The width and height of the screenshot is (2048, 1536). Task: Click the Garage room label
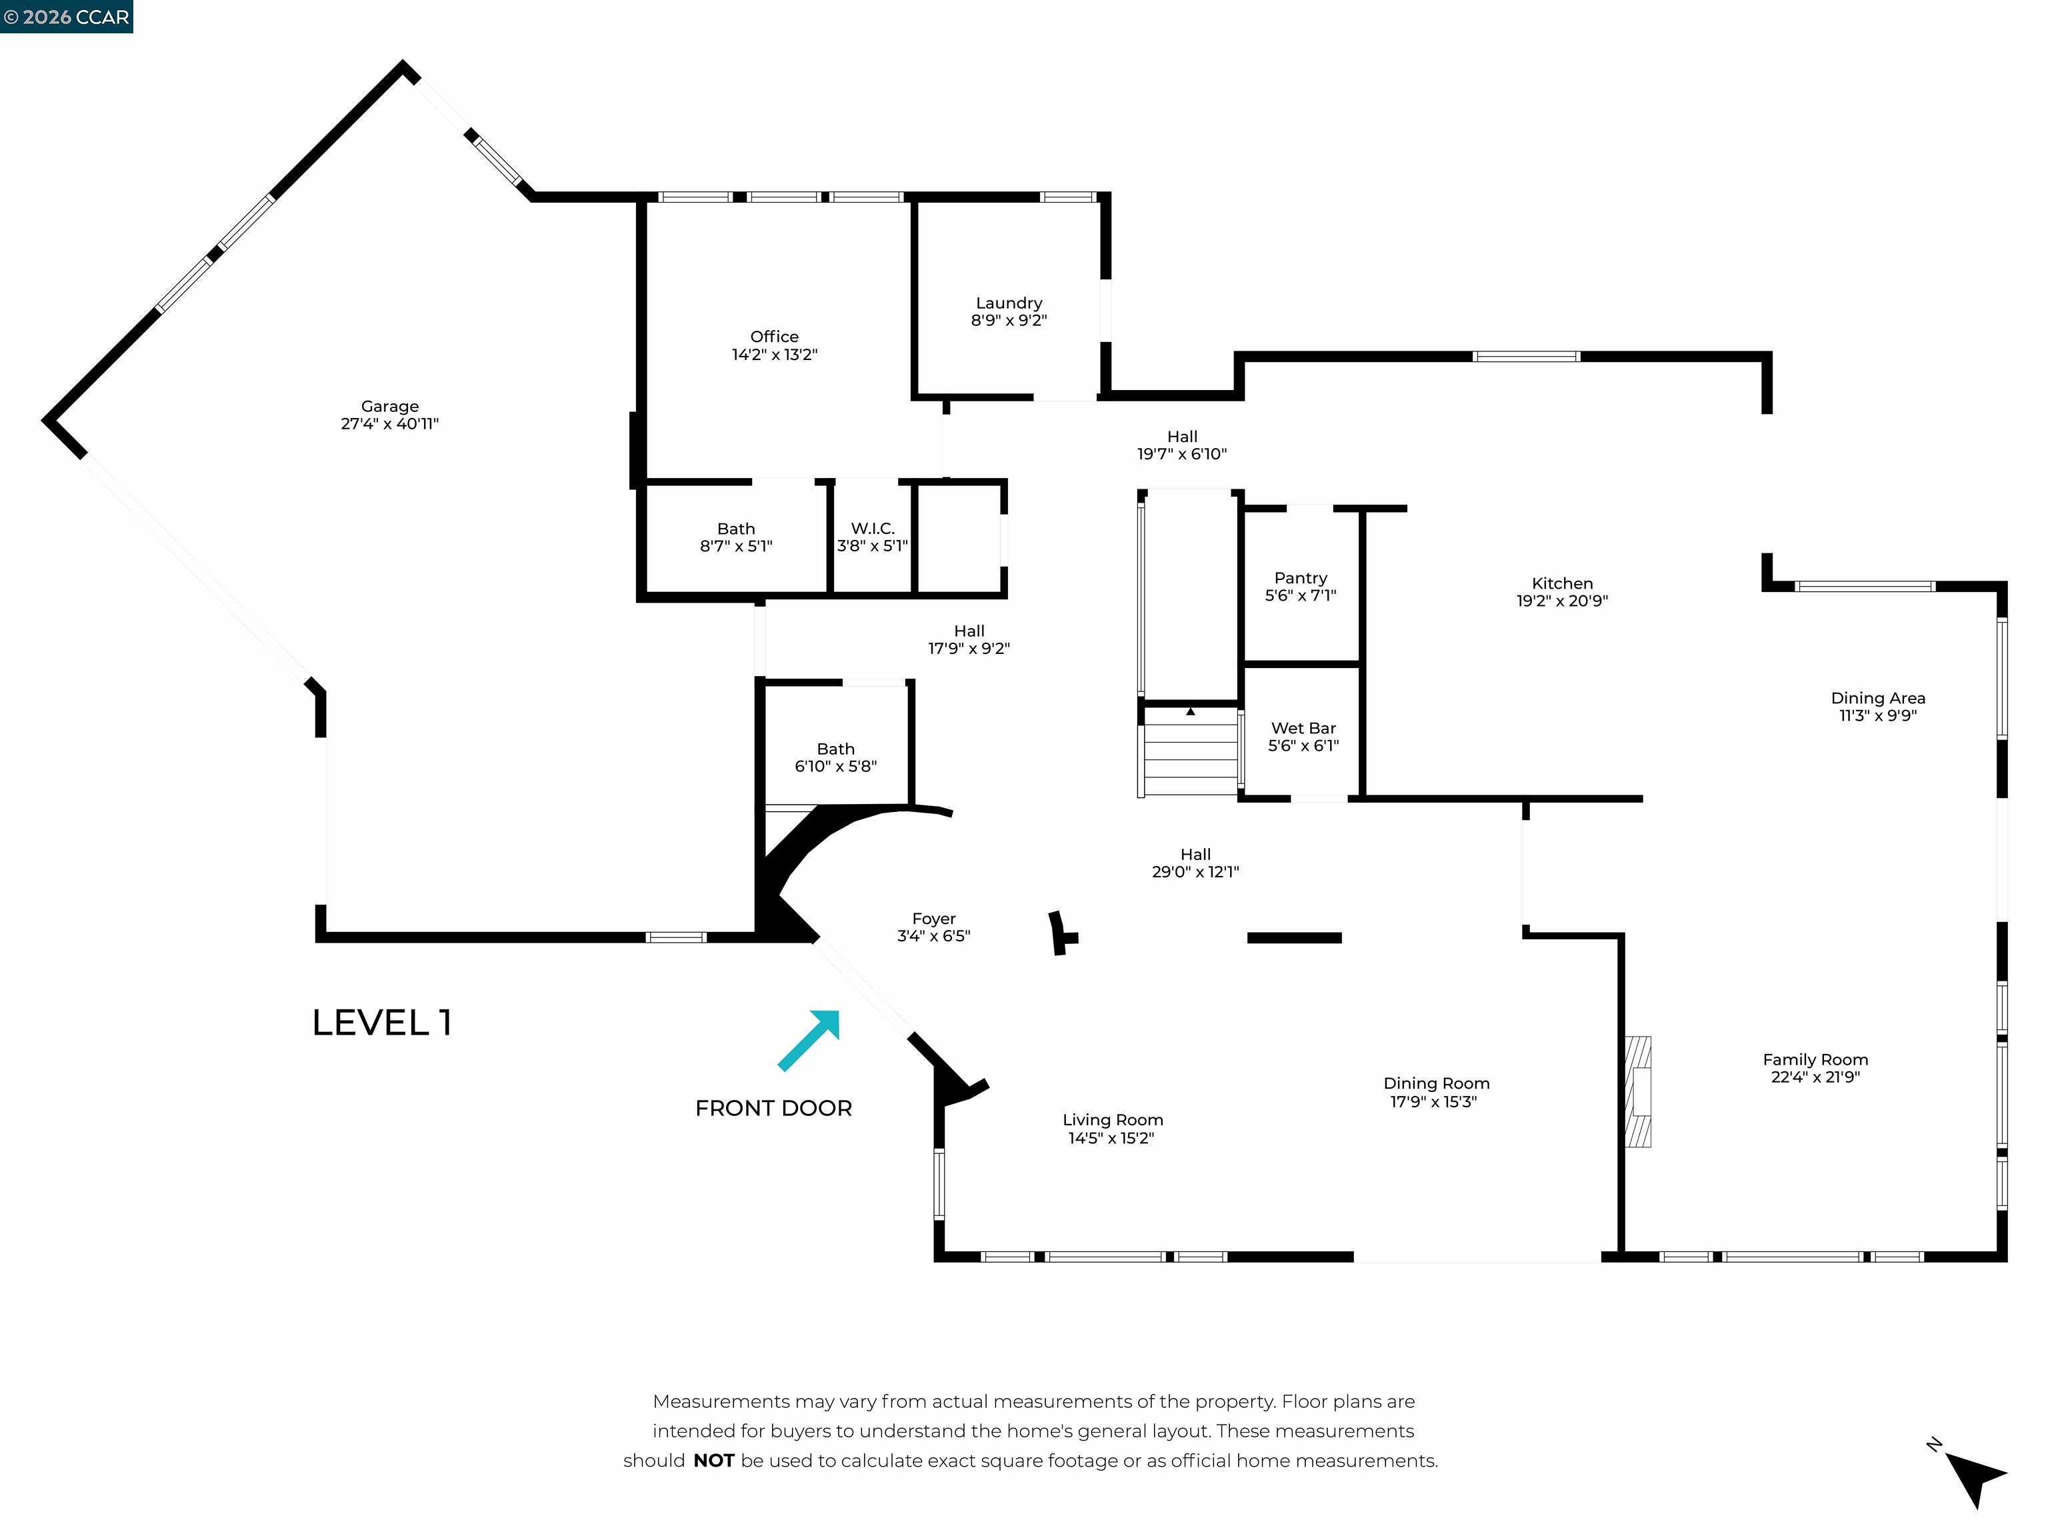(x=390, y=407)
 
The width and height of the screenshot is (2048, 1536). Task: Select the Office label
(x=774, y=337)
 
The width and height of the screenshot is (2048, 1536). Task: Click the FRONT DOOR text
(x=773, y=1108)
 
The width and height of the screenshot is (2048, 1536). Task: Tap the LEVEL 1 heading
(x=381, y=1023)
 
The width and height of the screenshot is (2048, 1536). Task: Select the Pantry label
(x=1300, y=579)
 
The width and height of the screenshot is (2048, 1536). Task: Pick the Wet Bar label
(x=1303, y=729)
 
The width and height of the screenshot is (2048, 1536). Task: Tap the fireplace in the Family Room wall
(x=1639, y=1091)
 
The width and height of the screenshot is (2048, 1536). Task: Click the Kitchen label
(x=1562, y=583)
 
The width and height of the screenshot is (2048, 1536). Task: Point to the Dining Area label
(x=1877, y=698)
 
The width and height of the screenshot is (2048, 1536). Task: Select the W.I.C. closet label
(x=872, y=529)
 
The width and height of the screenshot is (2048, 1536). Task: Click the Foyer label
(x=933, y=919)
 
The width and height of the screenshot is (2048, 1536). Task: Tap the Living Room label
(x=1112, y=1120)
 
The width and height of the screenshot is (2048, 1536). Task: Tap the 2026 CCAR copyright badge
(x=67, y=17)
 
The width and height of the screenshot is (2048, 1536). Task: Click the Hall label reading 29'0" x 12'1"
(x=1195, y=871)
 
